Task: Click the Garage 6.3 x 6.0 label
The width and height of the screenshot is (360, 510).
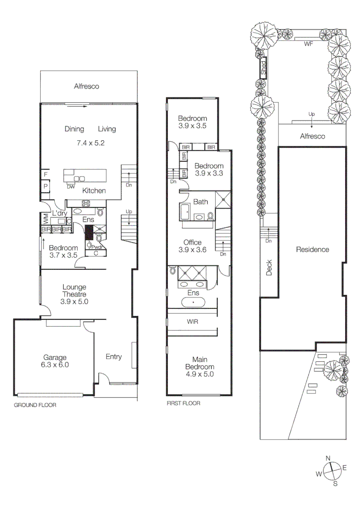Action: [55, 361]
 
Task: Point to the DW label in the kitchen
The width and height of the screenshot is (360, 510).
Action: [71, 187]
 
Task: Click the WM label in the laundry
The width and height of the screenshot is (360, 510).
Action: [46, 219]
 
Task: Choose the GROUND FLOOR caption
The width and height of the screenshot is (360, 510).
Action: [35, 405]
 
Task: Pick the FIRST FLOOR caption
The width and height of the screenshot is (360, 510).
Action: [183, 403]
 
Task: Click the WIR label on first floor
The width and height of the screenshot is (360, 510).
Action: [193, 322]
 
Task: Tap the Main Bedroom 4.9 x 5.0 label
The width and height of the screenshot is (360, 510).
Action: [199, 367]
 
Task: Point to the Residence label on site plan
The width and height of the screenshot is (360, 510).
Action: [312, 249]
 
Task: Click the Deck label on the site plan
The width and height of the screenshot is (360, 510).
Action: [269, 269]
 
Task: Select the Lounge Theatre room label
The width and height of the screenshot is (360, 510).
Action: [75, 294]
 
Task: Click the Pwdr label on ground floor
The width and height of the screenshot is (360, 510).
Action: [97, 246]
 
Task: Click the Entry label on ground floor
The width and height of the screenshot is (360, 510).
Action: [114, 357]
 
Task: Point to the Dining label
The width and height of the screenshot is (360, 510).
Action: [74, 129]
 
